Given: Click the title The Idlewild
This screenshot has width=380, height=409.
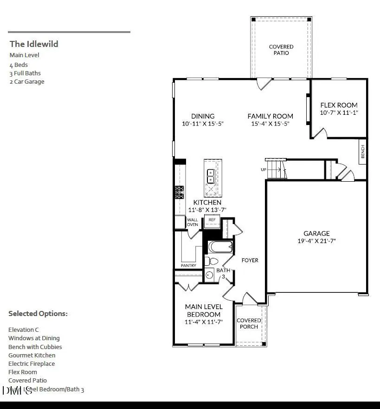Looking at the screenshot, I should (34, 44).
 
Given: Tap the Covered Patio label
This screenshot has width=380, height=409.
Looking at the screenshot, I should (281, 50).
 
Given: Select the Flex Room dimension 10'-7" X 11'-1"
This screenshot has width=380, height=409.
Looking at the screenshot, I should (339, 113).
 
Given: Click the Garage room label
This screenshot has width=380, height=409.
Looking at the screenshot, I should (316, 233).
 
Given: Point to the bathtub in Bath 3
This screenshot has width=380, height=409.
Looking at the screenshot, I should (220, 246).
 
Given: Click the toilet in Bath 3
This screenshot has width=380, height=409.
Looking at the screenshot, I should (211, 261).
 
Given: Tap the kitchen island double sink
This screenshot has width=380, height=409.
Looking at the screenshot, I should (210, 176).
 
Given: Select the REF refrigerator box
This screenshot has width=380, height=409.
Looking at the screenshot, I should (212, 220).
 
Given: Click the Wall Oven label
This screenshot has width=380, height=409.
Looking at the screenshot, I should (192, 222).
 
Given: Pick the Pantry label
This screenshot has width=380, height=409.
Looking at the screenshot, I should (188, 265).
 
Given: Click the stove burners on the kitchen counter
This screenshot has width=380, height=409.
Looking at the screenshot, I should (179, 192).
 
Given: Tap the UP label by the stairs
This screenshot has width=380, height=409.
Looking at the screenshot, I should (264, 170).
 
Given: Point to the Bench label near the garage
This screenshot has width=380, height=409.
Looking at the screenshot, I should (362, 152).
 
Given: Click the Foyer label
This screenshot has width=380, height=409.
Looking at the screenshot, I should (250, 260).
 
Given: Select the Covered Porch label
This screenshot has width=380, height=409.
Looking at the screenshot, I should (249, 323).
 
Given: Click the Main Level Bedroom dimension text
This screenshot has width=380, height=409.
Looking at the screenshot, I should (204, 322).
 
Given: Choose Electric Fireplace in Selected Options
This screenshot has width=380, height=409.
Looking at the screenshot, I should (32, 363).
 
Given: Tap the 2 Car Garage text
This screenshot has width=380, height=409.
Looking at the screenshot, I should (27, 82).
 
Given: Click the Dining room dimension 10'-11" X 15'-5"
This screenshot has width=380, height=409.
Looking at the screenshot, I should (203, 124).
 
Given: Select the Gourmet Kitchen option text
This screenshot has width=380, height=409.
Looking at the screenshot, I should (32, 355).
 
